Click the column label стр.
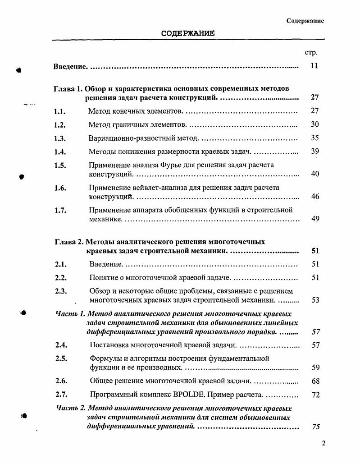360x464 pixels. [311, 52]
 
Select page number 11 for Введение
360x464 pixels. [314, 66]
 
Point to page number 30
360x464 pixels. [315, 124]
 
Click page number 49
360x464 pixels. [315, 219]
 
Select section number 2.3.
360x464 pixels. [61, 291]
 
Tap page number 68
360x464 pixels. [315, 381]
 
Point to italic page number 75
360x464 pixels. [316, 427]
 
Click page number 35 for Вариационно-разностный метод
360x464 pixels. [315, 138]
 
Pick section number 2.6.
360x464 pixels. [61, 381]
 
